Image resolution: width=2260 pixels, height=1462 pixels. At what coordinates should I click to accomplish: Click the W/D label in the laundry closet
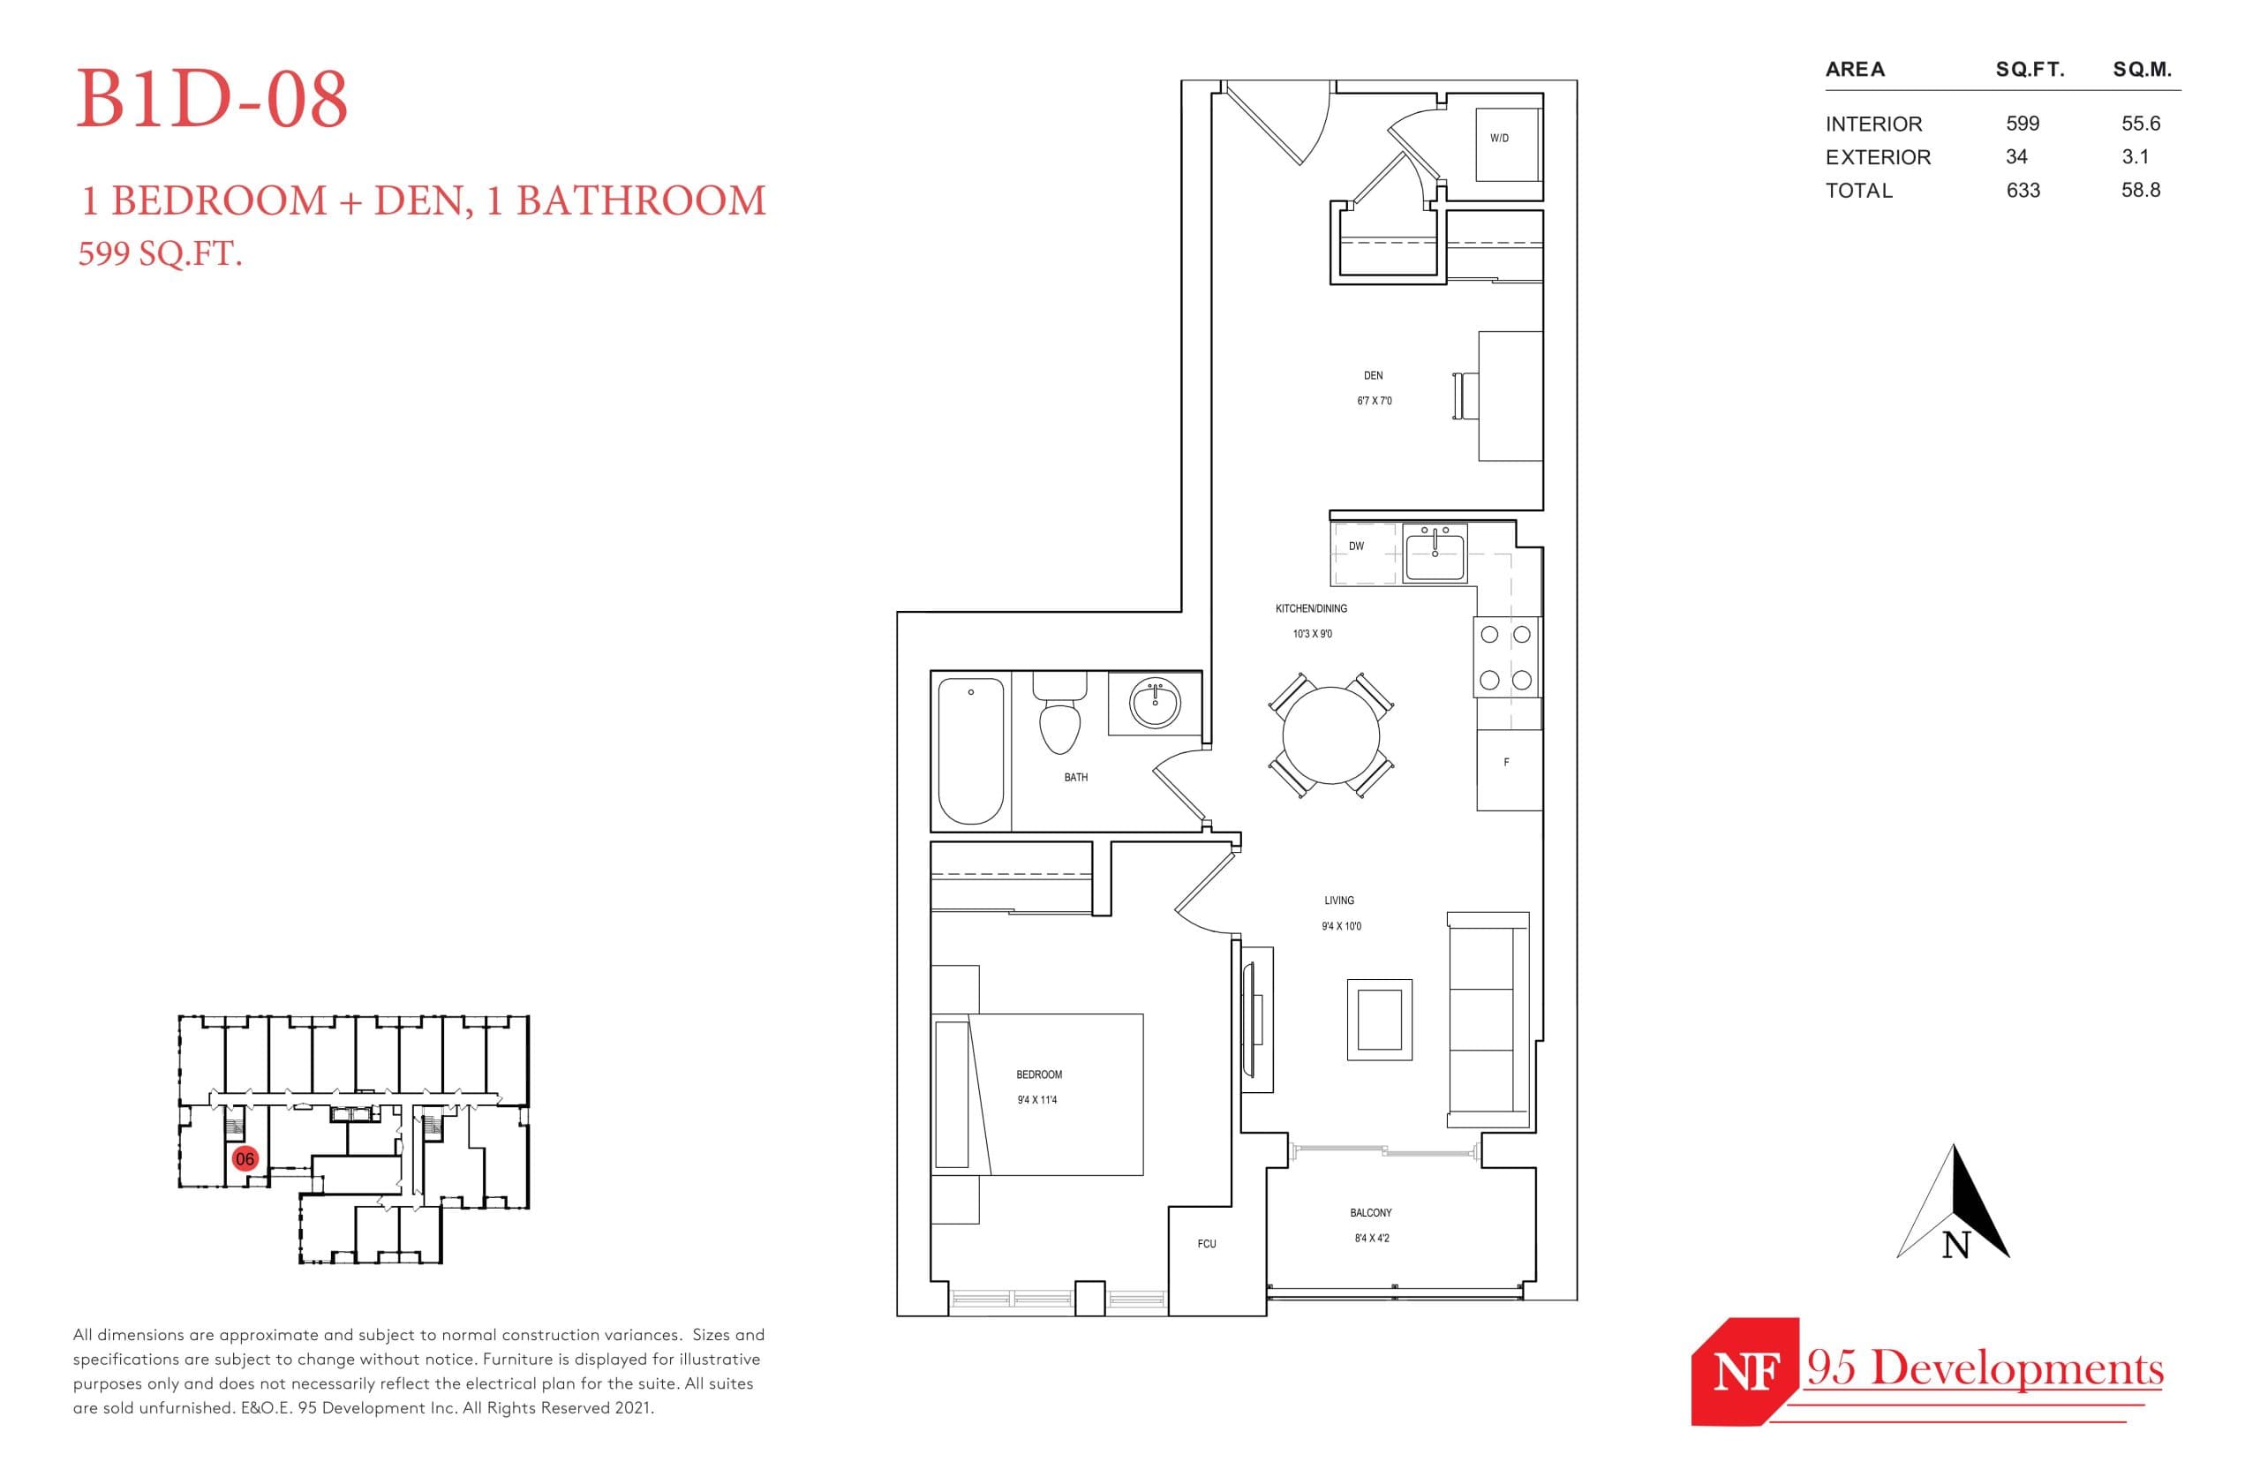(1498, 139)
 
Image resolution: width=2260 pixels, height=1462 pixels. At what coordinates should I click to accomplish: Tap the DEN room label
(1373, 376)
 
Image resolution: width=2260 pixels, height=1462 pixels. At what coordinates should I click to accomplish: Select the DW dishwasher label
(1355, 546)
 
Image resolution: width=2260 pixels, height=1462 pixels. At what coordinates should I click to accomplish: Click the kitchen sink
(1435, 554)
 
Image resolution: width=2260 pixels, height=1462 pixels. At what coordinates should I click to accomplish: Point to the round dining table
(1330, 735)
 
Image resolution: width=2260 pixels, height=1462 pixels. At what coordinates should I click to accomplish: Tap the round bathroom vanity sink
(1154, 704)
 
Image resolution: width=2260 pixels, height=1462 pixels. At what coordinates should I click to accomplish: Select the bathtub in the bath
(970, 750)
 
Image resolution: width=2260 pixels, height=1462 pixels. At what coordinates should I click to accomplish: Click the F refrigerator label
(1506, 762)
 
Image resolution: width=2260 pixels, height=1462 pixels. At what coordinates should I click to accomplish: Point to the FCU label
(1207, 1244)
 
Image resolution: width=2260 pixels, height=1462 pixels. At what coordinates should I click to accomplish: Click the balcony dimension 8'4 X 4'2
(1372, 1238)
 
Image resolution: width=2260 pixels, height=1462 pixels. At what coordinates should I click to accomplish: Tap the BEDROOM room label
(1038, 1074)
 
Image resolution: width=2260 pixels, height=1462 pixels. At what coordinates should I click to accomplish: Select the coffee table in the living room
(1379, 1020)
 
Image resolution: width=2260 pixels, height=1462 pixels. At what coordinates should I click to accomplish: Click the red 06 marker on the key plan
(245, 1158)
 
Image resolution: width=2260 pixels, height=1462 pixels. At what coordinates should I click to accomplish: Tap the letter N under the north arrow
(1955, 1246)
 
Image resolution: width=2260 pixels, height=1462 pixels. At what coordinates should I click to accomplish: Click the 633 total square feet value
(2023, 191)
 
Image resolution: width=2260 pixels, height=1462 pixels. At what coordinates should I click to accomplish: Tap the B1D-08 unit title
(212, 100)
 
